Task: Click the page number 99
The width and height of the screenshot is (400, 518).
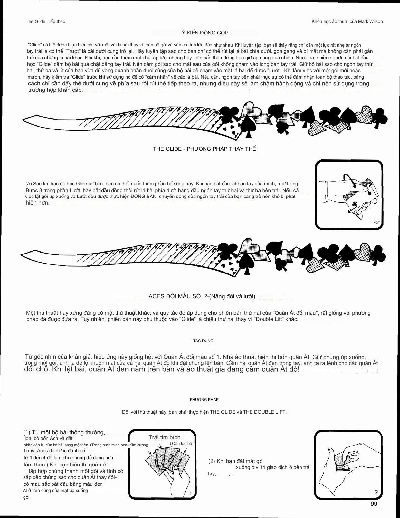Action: click(374, 504)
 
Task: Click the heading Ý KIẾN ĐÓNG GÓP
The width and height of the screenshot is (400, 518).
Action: click(205, 33)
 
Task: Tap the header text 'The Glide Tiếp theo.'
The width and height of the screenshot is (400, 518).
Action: click(46, 21)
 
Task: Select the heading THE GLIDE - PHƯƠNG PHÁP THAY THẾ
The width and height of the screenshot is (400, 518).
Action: click(205, 149)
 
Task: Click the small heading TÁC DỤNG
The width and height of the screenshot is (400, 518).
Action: click(203, 341)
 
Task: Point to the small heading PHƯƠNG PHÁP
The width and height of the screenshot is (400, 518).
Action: click(204, 399)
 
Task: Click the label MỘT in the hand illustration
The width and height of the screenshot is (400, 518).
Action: click(376, 223)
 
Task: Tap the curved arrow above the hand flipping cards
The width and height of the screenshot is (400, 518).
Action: click(349, 180)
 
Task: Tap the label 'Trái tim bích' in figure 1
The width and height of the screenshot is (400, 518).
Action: click(164, 437)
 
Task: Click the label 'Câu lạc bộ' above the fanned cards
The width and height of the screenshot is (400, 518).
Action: click(182, 443)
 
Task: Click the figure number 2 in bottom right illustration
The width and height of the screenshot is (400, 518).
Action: click(376, 492)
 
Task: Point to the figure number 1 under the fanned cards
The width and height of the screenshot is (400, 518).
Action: click(191, 493)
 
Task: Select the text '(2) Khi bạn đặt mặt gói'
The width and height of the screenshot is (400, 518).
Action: click(236, 461)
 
